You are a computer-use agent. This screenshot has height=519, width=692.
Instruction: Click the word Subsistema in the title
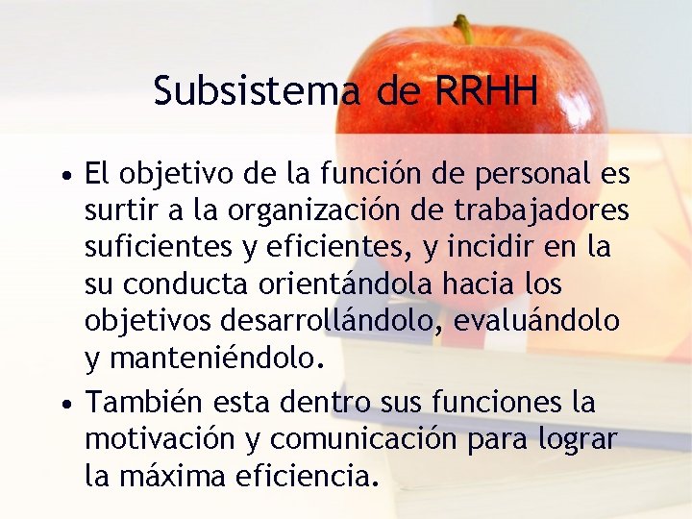coord(256,91)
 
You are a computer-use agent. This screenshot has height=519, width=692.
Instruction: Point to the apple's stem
coord(464,29)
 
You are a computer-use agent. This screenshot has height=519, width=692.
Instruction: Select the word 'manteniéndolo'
coord(212,360)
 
